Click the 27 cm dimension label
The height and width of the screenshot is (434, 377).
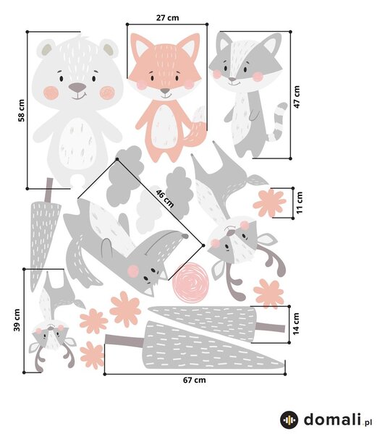coord(167,17)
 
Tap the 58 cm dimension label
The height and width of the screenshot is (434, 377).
coord(21,111)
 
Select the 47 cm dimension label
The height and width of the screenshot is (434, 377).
coord(297,97)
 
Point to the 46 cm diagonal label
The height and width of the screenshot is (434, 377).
coord(165,198)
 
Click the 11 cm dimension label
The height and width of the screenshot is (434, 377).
coord(300,203)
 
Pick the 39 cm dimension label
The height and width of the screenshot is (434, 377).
coord(17,320)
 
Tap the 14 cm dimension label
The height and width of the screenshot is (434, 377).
coord(296,324)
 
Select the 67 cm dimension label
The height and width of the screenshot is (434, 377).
coord(195,380)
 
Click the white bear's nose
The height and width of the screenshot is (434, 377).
coord(77,88)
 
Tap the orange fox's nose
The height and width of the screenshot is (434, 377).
coord(165,91)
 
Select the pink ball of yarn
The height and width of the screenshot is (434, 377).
coord(190,282)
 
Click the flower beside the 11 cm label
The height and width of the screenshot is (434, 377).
coord(269,203)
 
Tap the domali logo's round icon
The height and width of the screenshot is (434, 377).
coord(289,420)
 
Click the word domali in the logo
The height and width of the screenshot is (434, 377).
coord(333,420)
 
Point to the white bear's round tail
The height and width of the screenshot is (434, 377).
coord(77,182)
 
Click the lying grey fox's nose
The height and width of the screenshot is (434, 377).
coord(185,236)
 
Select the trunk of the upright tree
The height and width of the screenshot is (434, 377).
coord(48,190)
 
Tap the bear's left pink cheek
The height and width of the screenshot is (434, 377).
coord(51,93)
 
